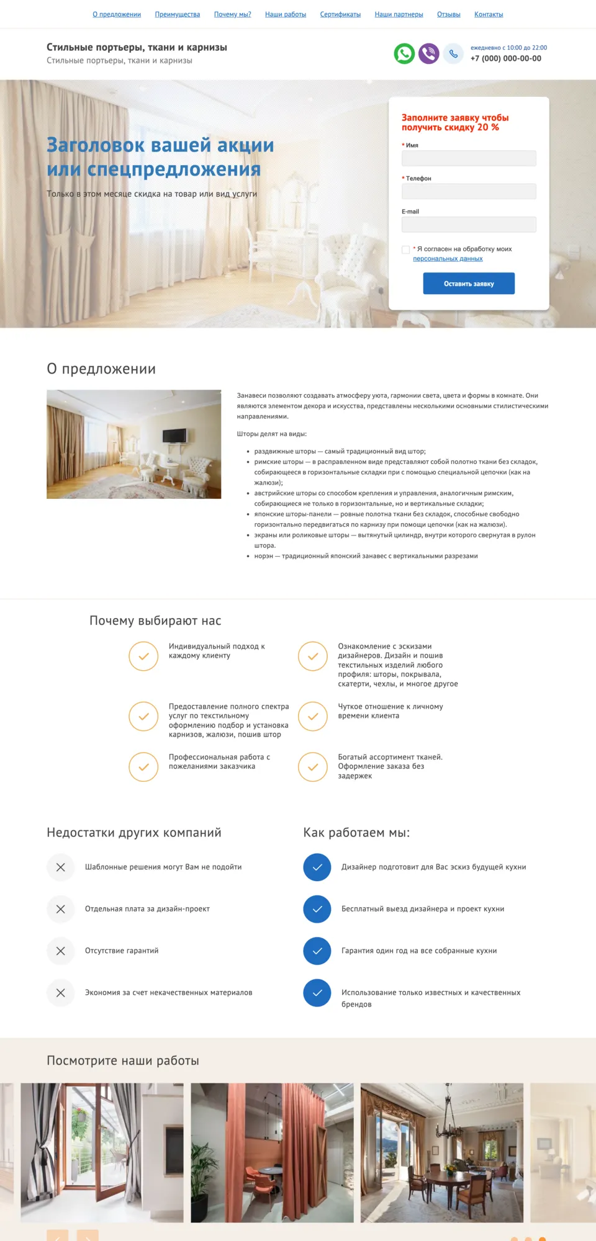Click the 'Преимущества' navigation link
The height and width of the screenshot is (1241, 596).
tap(177, 14)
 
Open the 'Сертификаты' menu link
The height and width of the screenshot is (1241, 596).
tap(340, 14)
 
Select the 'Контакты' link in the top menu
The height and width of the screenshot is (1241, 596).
tap(489, 14)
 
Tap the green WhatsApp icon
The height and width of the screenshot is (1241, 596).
tap(404, 53)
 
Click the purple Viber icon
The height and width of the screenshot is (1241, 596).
tap(428, 53)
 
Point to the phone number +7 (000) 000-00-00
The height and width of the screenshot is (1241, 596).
tap(505, 58)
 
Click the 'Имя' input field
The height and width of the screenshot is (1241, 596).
tap(469, 158)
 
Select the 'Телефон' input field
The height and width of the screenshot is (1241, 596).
tap(469, 191)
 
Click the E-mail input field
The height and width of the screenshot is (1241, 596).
tap(469, 225)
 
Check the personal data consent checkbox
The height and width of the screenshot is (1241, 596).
tap(406, 249)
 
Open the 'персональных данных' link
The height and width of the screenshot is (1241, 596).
tap(448, 259)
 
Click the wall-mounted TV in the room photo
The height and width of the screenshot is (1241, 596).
tap(174, 435)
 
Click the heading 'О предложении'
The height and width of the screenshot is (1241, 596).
tap(101, 369)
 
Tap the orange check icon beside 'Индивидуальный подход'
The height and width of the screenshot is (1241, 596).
tap(143, 656)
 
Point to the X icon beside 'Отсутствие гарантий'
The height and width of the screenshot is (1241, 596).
tap(61, 951)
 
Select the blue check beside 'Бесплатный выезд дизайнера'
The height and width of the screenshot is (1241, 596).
tap(317, 909)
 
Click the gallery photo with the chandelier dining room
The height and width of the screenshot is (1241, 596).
tap(441, 1152)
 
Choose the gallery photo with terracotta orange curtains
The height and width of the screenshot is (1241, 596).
tap(272, 1152)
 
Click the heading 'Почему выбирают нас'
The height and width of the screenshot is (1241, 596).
tap(155, 620)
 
